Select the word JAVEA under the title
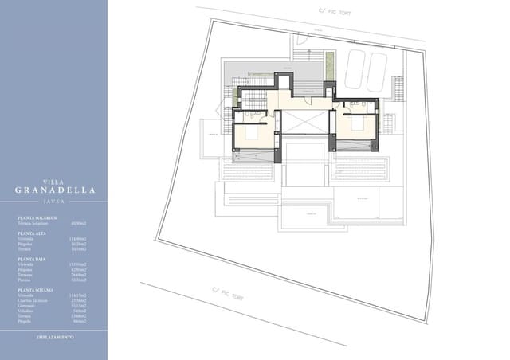click(53, 202)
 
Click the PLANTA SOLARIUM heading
click(37, 217)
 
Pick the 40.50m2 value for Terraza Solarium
click(77, 223)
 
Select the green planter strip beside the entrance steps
click(328, 65)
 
